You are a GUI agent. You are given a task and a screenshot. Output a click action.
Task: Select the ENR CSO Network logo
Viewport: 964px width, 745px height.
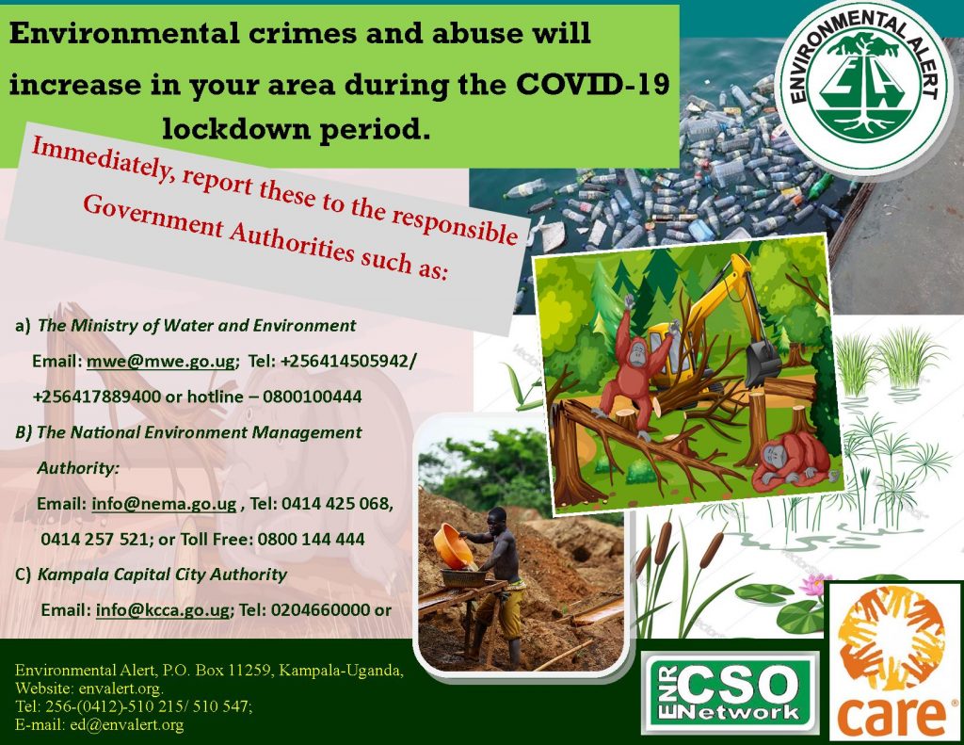point(730,691)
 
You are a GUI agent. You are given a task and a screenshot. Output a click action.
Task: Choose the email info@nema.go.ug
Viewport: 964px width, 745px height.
point(164,504)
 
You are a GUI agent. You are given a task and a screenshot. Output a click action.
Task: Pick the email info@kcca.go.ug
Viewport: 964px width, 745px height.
point(163,609)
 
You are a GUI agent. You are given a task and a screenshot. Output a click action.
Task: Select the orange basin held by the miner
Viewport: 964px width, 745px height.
point(453,546)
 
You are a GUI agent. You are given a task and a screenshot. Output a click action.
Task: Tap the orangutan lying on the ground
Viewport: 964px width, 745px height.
point(792,462)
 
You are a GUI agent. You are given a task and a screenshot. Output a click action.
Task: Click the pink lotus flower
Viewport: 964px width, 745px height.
point(815,585)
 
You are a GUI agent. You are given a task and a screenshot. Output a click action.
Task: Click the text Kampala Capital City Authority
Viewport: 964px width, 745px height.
point(162,574)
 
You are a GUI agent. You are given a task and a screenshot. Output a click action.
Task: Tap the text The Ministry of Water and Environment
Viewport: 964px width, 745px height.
point(196,326)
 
